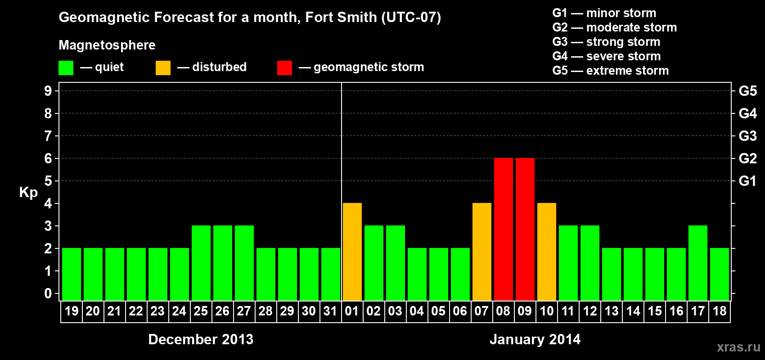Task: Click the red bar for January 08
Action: pos(503,229)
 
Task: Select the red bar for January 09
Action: pos(525,229)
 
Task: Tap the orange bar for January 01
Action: pos(352,252)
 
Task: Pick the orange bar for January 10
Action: pos(546,252)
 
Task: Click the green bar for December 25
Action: pos(201,263)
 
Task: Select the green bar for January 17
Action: pos(697,263)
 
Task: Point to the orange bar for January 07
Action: pos(481,252)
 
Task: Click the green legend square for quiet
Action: pos(66,68)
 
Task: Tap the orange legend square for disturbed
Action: pos(163,68)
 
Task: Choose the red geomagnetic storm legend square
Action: pos(284,68)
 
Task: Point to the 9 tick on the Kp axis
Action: pos(48,91)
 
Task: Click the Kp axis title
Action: pos(28,193)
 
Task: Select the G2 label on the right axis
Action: pos(747,158)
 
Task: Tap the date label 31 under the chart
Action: pos(330,311)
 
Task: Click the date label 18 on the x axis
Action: pos(719,311)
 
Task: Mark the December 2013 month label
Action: pos(201,339)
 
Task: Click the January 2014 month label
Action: pos(535,339)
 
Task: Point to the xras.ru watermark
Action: pos(738,347)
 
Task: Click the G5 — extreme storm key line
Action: pos(610,71)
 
